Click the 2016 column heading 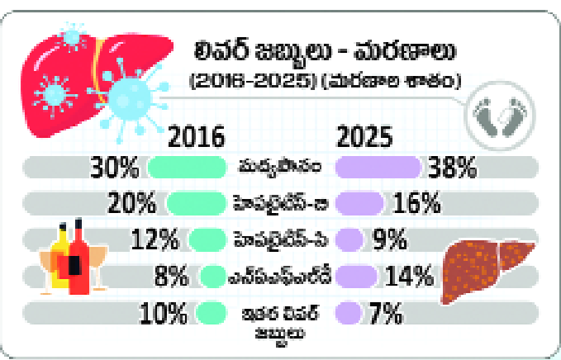point(197,135)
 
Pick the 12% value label point(156,240)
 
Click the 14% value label point(411,275)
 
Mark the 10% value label point(165,312)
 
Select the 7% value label point(383,312)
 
